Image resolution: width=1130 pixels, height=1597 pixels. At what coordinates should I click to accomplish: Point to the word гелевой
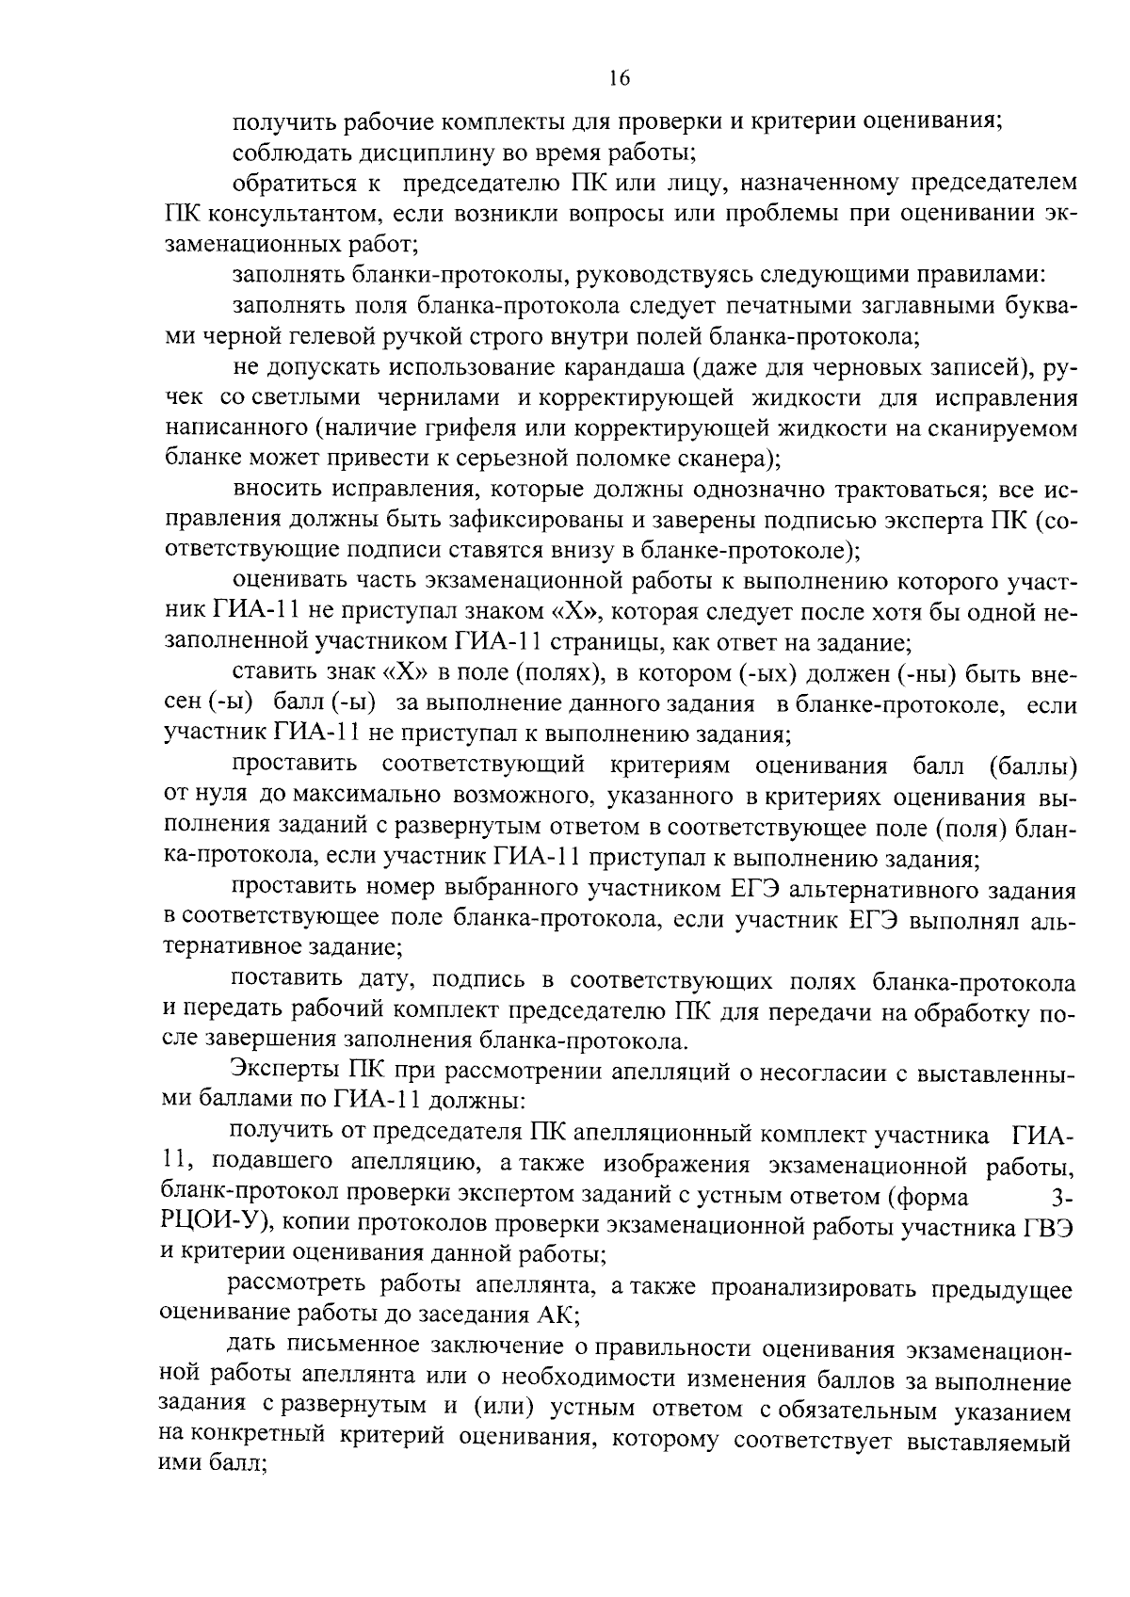click(372, 336)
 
